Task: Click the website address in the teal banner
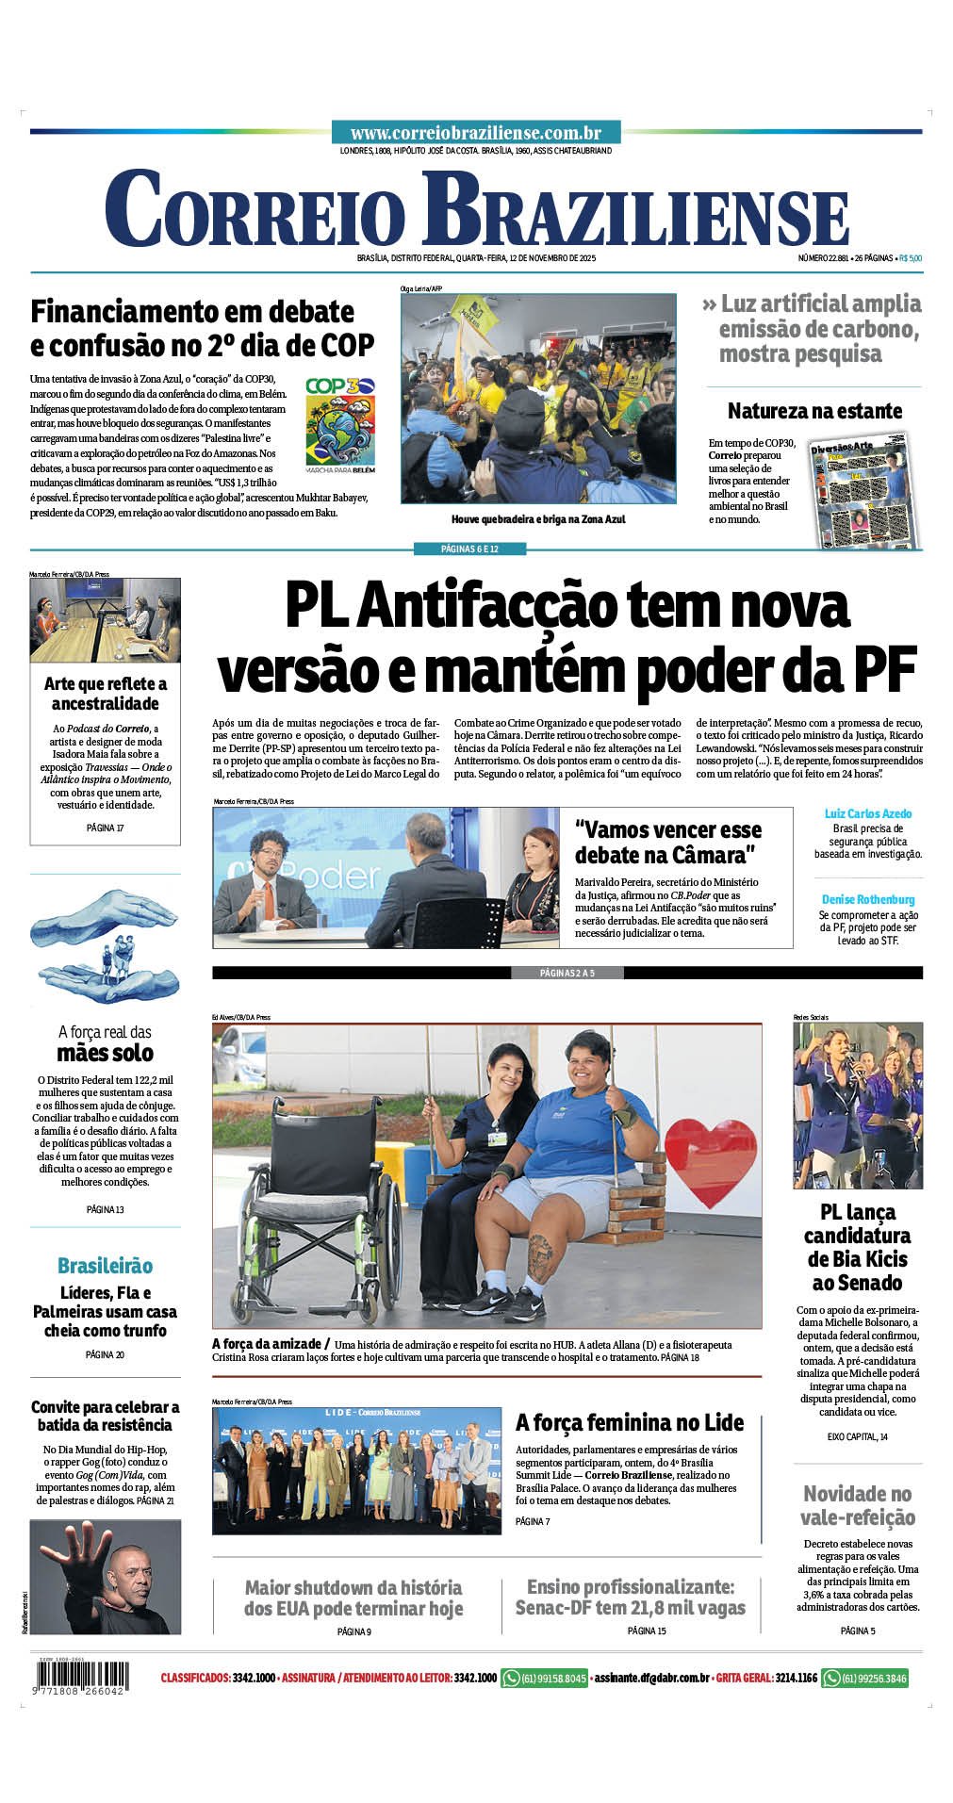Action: click(476, 134)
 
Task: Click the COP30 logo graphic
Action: click(340, 424)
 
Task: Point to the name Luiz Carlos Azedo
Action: click(867, 813)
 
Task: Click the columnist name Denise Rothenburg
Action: click(867, 899)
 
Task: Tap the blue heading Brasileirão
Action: click(105, 1265)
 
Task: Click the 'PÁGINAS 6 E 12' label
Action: click(476, 549)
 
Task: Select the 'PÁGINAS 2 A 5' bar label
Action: click(567, 973)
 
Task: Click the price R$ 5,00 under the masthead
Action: click(910, 258)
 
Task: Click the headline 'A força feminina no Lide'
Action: click(630, 1422)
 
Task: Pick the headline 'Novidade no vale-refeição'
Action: click(857, 1505)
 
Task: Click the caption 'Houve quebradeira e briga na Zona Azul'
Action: click(538, 519)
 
